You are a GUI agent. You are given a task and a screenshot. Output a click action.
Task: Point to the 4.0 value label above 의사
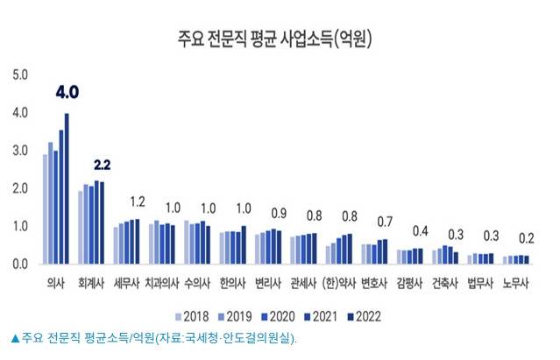(67, 92)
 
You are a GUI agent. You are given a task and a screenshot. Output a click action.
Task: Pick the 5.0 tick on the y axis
(20, 74)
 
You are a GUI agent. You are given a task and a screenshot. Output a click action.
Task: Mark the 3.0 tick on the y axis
(20, 150)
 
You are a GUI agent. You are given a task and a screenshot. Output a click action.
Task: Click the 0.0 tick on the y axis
(20, 263)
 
